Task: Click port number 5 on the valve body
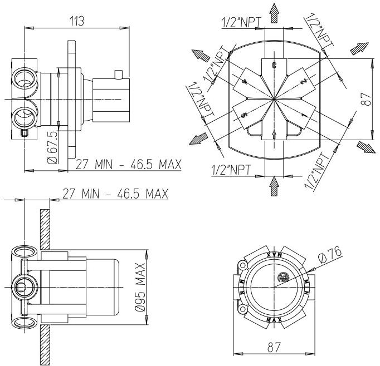click(244, 115)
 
